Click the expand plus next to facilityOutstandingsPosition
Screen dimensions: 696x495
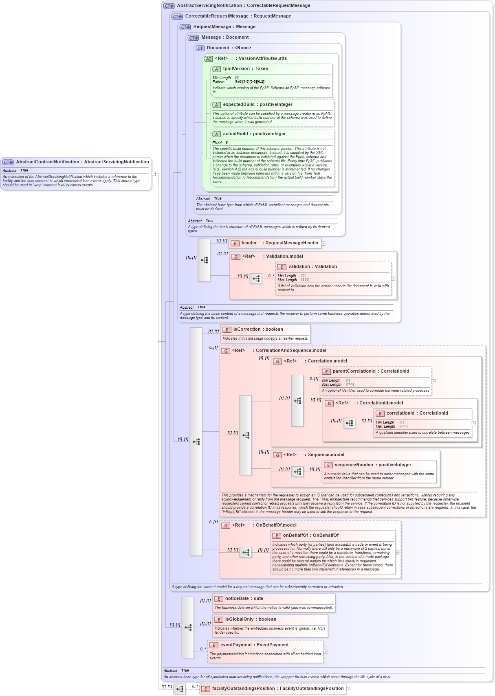[x=348, y=689]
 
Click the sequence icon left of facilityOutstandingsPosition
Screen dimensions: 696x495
[x=180, y=689]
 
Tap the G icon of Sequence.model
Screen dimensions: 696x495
[x=277, y=455]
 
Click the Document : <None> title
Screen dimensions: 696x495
[x=229, y=48]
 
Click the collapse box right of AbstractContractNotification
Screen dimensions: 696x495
[x=154, y=174]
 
